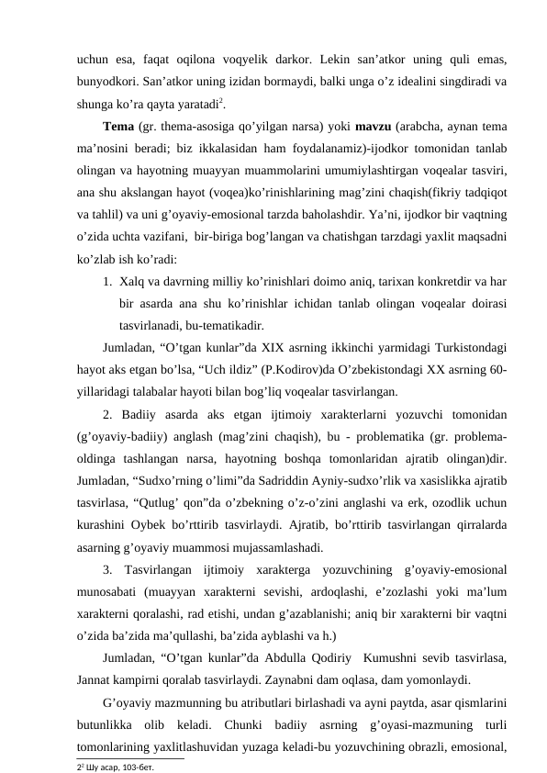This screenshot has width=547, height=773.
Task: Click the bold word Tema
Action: pyautogui.click(x=119, y=126)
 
